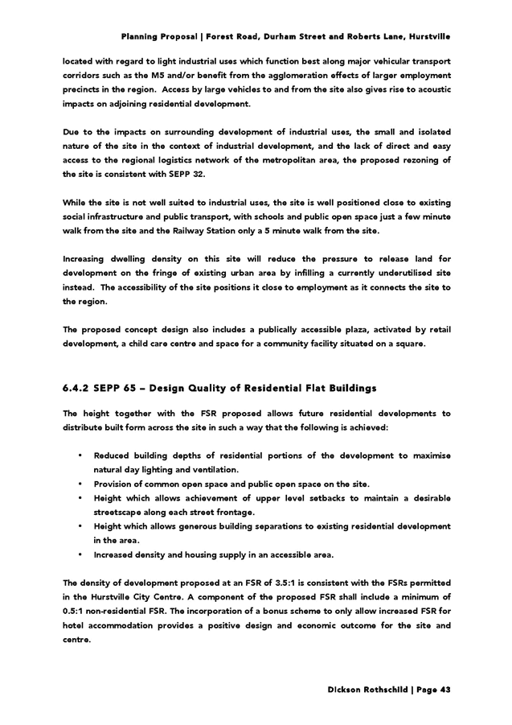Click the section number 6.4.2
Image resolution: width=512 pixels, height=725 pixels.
76,388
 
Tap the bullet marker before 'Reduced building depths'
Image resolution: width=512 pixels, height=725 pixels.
81,455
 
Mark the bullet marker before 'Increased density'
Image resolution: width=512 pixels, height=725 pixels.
81,555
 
